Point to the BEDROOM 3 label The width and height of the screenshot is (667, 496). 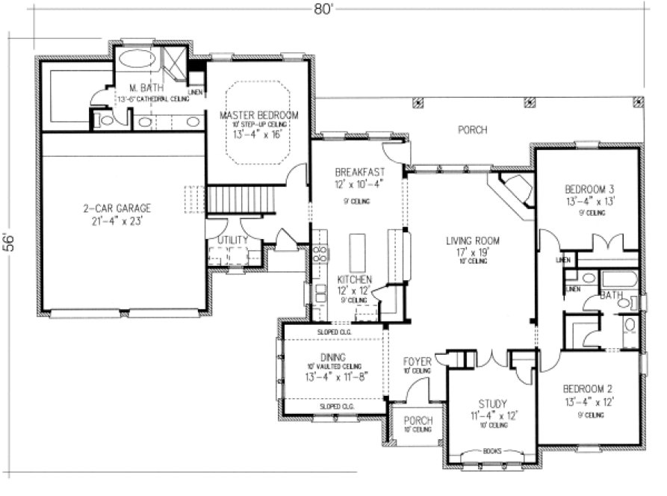589,188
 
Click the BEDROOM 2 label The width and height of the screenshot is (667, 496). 589,389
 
